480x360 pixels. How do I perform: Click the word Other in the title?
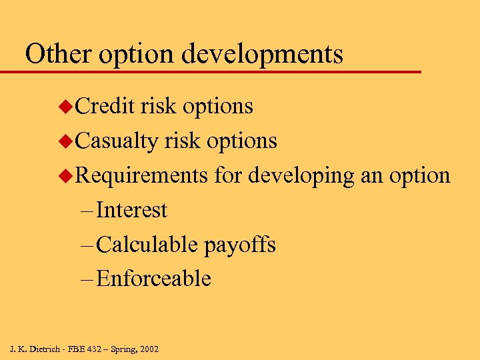click(53, 53)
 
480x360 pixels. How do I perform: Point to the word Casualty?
click(117, 141)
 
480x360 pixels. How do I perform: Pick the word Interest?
click(131, 210)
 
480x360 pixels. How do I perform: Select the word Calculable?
click(147, 245)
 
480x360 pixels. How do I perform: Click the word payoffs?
click(239, 245)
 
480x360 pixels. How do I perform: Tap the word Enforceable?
click(153, 279)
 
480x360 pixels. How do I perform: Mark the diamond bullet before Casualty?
click(65, 141)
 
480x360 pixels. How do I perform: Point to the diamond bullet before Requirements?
click(65, 176)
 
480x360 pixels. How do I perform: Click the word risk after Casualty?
click(182, 141)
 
